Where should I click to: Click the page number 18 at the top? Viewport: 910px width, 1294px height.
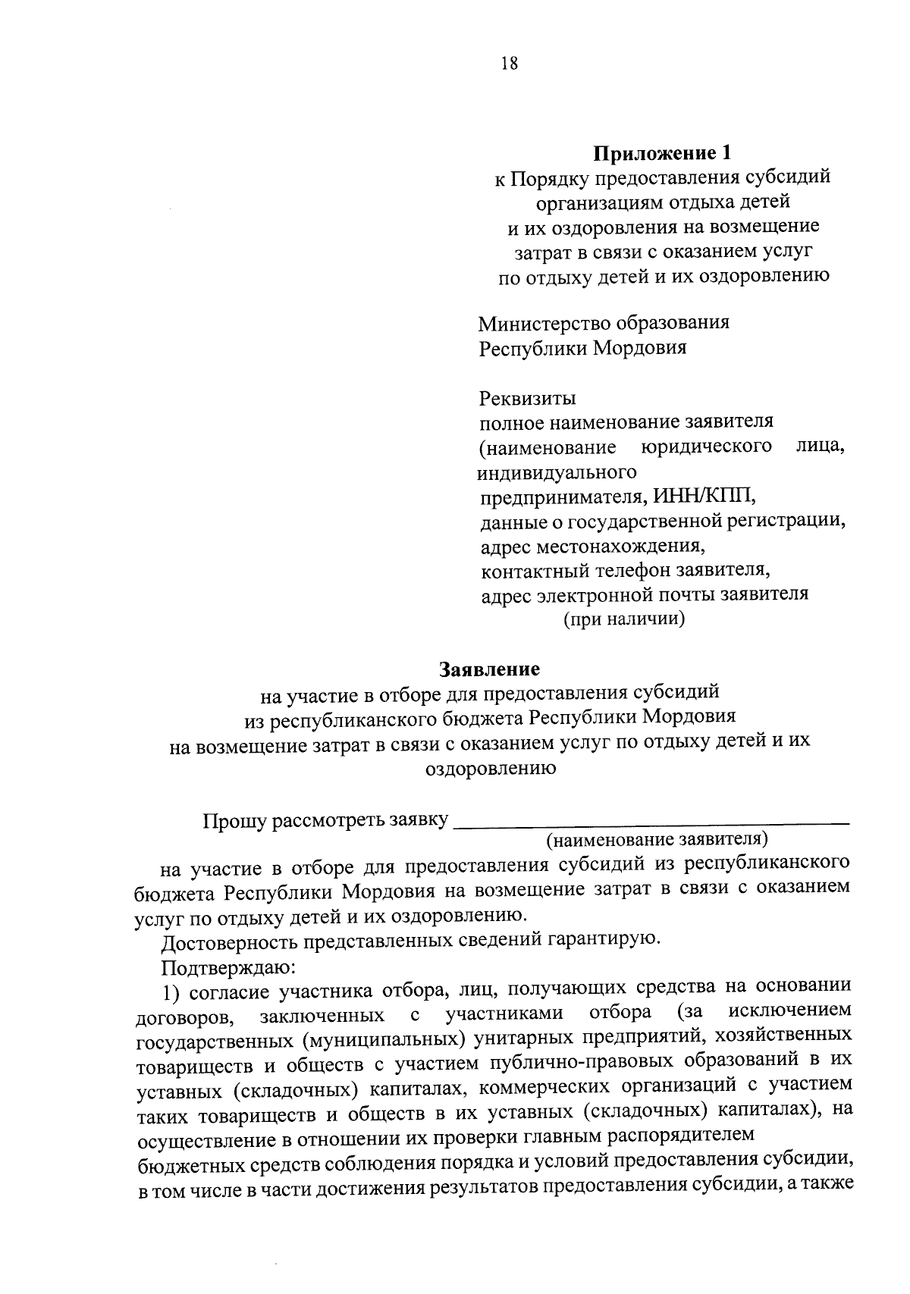coord(509,64)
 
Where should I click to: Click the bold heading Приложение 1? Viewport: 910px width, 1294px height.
coord(664,153)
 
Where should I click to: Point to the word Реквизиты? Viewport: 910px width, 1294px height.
coord(528,398)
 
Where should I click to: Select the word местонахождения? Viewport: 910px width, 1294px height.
coord(622,546)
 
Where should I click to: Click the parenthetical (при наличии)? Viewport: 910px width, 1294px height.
coord(623,619)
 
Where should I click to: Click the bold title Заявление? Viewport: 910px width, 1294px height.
coord(490,669)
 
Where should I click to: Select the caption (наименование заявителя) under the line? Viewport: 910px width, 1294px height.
coord(657,840)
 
